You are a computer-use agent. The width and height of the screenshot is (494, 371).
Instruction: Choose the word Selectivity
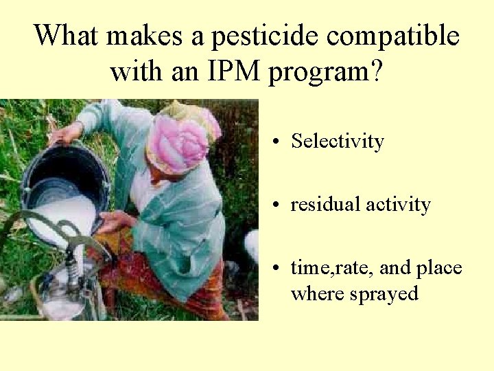click(x=337, y=142)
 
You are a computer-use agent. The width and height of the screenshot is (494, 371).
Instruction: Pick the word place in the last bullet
click(x=438, y=268)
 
